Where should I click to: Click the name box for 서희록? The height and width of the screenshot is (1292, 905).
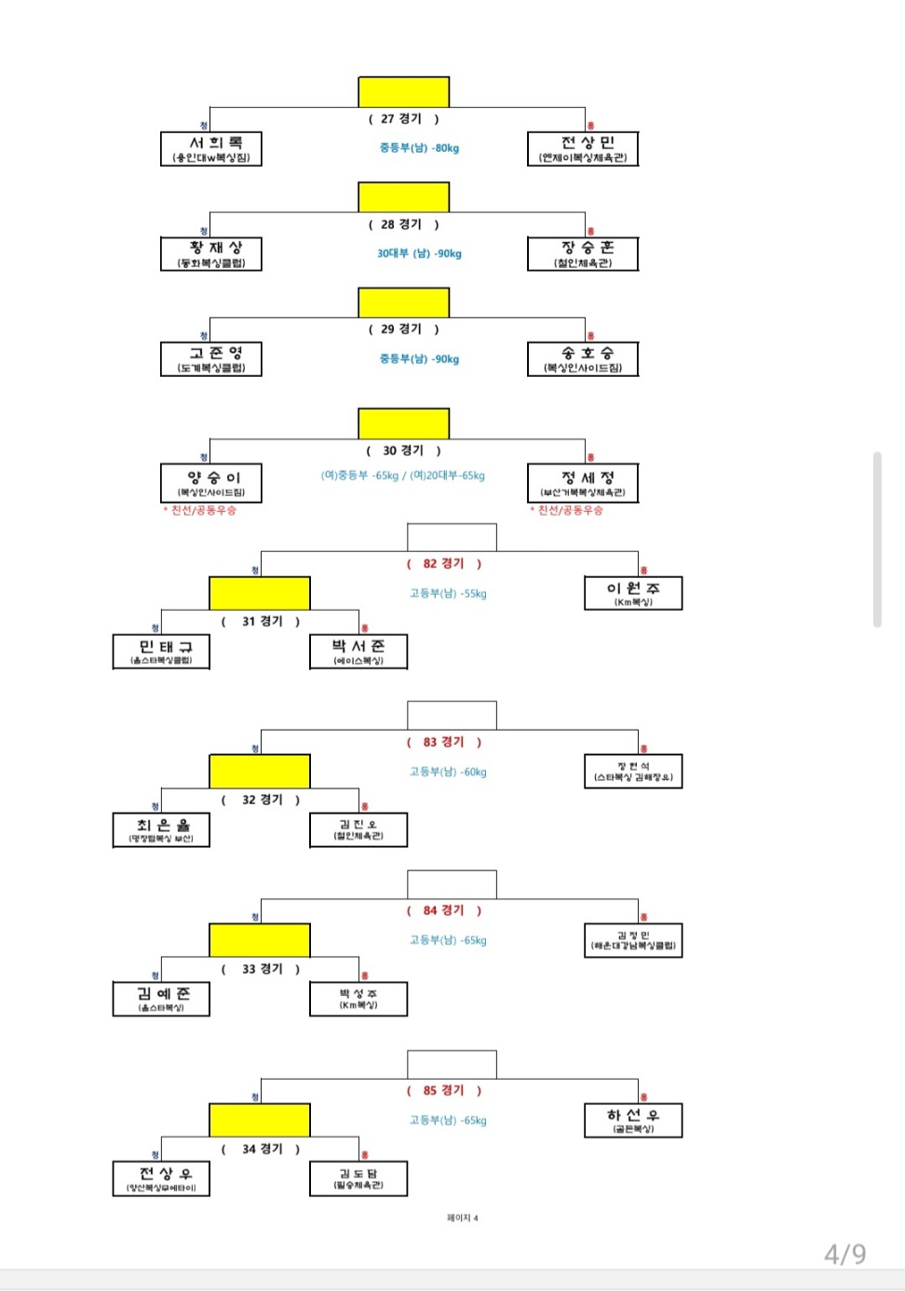tap(211, 149)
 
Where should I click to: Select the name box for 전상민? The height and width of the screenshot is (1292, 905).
tap(583, 149)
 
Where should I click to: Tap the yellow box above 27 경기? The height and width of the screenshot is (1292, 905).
tap(404, 92)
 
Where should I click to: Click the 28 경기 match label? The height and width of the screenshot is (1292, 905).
tap(403, 224)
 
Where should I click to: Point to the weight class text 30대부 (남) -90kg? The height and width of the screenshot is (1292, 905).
tap(419, 253)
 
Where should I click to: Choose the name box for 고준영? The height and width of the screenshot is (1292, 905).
tap(211, 358)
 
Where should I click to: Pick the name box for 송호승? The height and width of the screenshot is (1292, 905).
tap(583, 358)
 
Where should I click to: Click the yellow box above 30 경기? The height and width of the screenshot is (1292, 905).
tap(404, 424)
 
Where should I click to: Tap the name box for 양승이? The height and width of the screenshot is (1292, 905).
tap(211, 483)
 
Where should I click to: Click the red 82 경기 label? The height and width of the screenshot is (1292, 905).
tap(443, 563)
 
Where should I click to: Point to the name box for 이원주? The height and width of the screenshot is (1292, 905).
tap(633, 593)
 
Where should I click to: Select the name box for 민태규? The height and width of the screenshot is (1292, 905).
tap(161, 652)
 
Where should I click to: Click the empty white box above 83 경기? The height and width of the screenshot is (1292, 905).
tap(452, 715)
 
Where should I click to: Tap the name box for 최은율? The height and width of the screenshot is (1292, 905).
tap(161, 829)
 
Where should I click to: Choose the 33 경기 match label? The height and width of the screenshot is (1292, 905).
tap(262, 969)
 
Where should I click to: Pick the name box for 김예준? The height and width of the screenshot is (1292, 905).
tap(161, 999)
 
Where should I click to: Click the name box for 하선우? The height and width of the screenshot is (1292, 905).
tap(633, 1120)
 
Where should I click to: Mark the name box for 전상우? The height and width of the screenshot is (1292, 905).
tap(161, 1178)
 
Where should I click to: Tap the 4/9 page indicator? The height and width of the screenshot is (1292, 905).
tap(844, 1254)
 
